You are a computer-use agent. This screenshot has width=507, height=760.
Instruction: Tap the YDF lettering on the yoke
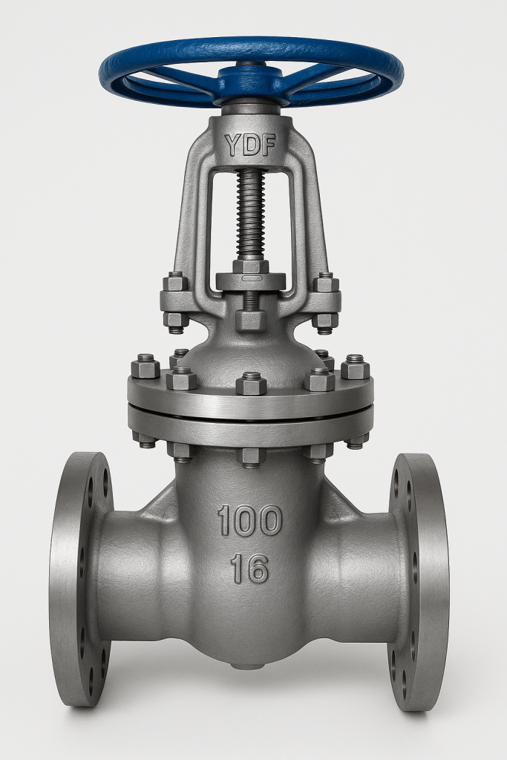point(250,145)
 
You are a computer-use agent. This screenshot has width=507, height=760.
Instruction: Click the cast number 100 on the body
point(249,520)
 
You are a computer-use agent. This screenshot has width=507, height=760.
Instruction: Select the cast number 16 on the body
point(249,569)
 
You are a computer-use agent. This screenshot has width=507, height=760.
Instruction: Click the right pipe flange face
point(419,582)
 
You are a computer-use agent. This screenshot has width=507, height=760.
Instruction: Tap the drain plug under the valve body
point(250,666)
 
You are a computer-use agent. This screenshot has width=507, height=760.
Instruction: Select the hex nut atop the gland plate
point(251,266)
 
